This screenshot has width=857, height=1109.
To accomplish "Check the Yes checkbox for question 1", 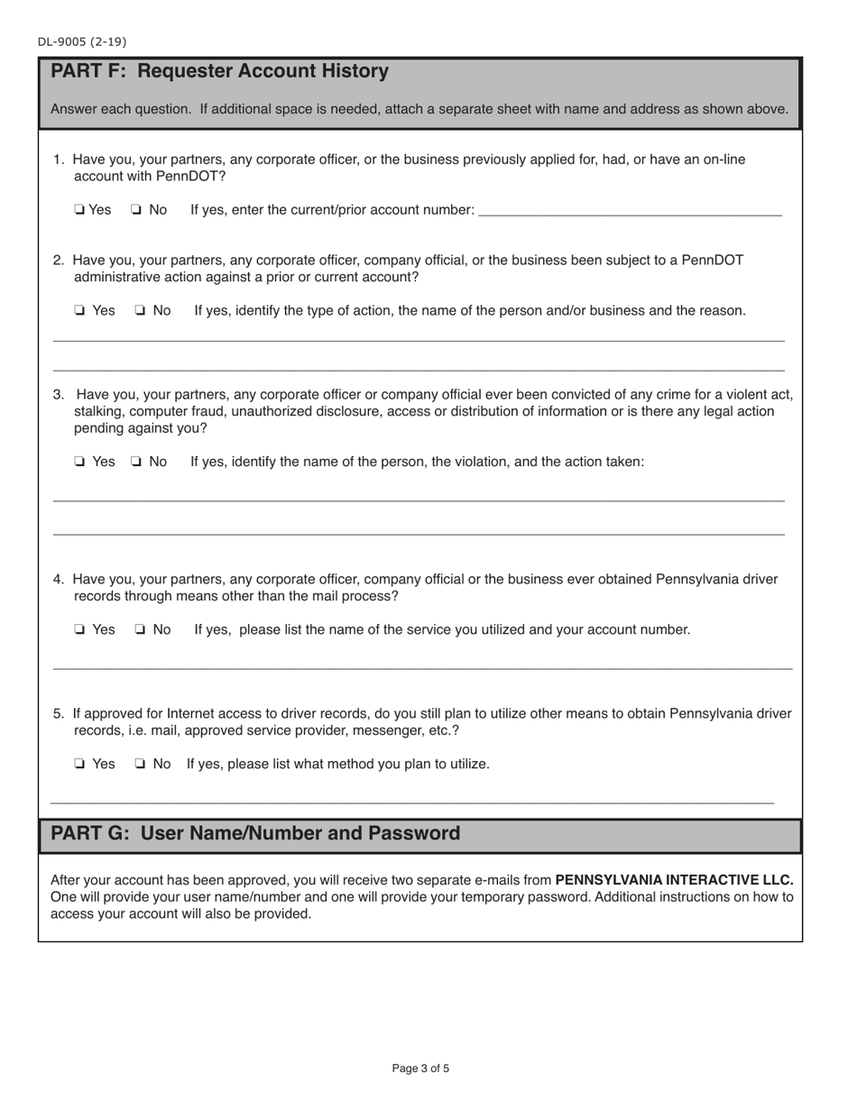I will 79,210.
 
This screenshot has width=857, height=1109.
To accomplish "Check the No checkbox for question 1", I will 135,210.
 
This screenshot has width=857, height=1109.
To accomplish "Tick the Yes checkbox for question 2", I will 79,311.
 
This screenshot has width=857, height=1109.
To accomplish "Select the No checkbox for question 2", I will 141,311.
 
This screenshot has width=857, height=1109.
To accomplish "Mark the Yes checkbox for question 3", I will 79,462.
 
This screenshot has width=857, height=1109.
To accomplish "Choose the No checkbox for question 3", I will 135,462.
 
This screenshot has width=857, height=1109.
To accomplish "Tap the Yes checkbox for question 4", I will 79,630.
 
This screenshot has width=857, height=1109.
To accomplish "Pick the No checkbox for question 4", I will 141,630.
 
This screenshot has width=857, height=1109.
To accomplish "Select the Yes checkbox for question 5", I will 79,765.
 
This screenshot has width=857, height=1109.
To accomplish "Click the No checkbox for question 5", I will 141,765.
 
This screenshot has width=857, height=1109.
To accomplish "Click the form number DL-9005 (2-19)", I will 82,41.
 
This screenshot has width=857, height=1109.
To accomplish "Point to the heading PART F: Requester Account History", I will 219,71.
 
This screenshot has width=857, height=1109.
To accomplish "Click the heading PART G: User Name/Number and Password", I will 255,833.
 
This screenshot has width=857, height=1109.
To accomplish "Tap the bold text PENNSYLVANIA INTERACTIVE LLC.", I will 674,880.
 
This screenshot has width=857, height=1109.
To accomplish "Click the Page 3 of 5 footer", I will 420,1068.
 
